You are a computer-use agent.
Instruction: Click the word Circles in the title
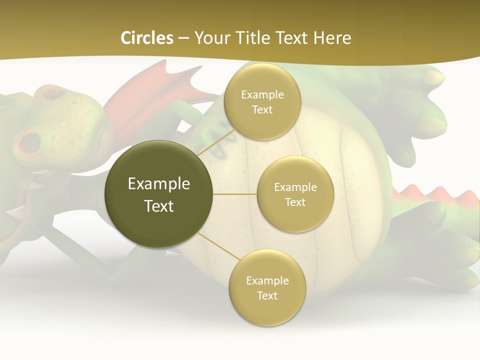[147, 38]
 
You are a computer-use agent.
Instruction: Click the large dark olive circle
[159, 194]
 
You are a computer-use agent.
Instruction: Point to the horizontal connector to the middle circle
[235, 194]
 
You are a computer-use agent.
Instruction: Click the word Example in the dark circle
[159, 183]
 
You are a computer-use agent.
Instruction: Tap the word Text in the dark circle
[159, 206]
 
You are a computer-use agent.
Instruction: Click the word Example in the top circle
[262, 94]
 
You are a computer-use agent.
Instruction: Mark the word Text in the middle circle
[295, 202]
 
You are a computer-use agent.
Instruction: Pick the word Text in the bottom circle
[267, 295]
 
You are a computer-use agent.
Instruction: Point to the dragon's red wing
[145, 95]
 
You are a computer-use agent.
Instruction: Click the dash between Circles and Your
[183, 38]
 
